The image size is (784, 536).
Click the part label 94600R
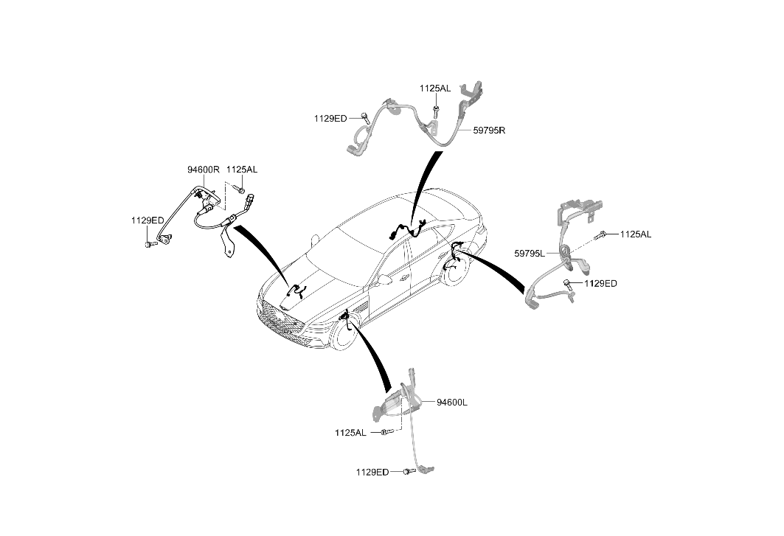204,170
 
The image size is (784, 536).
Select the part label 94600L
452,403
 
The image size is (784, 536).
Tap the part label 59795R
489,130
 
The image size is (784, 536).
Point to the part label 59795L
530,254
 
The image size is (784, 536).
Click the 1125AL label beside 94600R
242,170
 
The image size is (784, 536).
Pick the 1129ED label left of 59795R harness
330,119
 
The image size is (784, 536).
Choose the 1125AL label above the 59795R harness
435,88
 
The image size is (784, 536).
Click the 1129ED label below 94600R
148,220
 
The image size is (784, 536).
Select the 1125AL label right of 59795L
636,234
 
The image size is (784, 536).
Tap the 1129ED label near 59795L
600,284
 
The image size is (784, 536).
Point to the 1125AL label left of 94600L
350,433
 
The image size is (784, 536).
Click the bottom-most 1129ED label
372,472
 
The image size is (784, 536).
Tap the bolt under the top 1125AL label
437,109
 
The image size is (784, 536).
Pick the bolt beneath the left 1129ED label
148,245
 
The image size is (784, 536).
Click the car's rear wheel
454,271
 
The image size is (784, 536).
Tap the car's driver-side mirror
384,279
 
